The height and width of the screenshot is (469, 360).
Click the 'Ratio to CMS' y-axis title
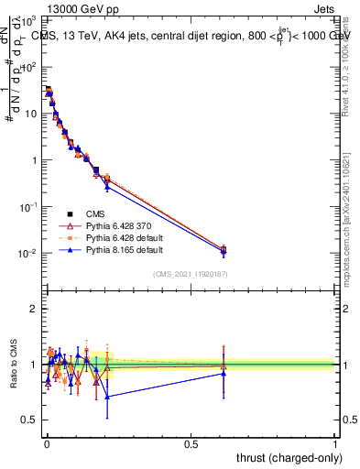13,365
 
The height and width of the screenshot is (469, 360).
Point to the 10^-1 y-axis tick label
31,207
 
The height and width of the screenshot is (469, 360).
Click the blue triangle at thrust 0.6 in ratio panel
223,373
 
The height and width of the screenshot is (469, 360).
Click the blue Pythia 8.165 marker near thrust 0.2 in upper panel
107,186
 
